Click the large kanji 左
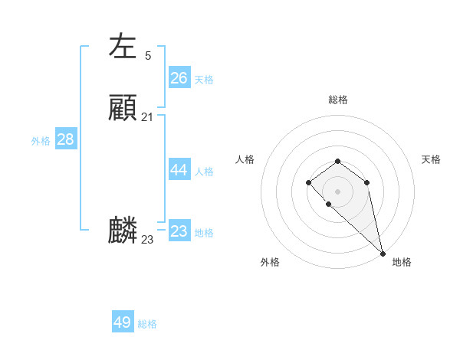point(123,46)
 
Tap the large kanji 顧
point(123,108)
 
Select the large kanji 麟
point(123,231)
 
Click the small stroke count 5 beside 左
point(148,55)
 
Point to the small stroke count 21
point(147,117)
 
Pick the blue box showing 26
point(179,78)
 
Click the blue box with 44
point(179,171)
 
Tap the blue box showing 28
point(66,139)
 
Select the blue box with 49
point(123,322)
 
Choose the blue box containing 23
point(179,231)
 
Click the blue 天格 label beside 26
point(204,80)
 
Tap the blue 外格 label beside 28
point(41,141)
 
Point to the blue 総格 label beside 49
point(147,324)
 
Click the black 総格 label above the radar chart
point(338,100)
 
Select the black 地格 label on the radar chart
point(402,263)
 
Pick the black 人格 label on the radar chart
point(245,159)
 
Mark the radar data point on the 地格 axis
point(383,253)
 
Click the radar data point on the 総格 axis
point(338,161)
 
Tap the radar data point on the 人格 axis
point(308,182)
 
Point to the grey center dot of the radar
point(338,191)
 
